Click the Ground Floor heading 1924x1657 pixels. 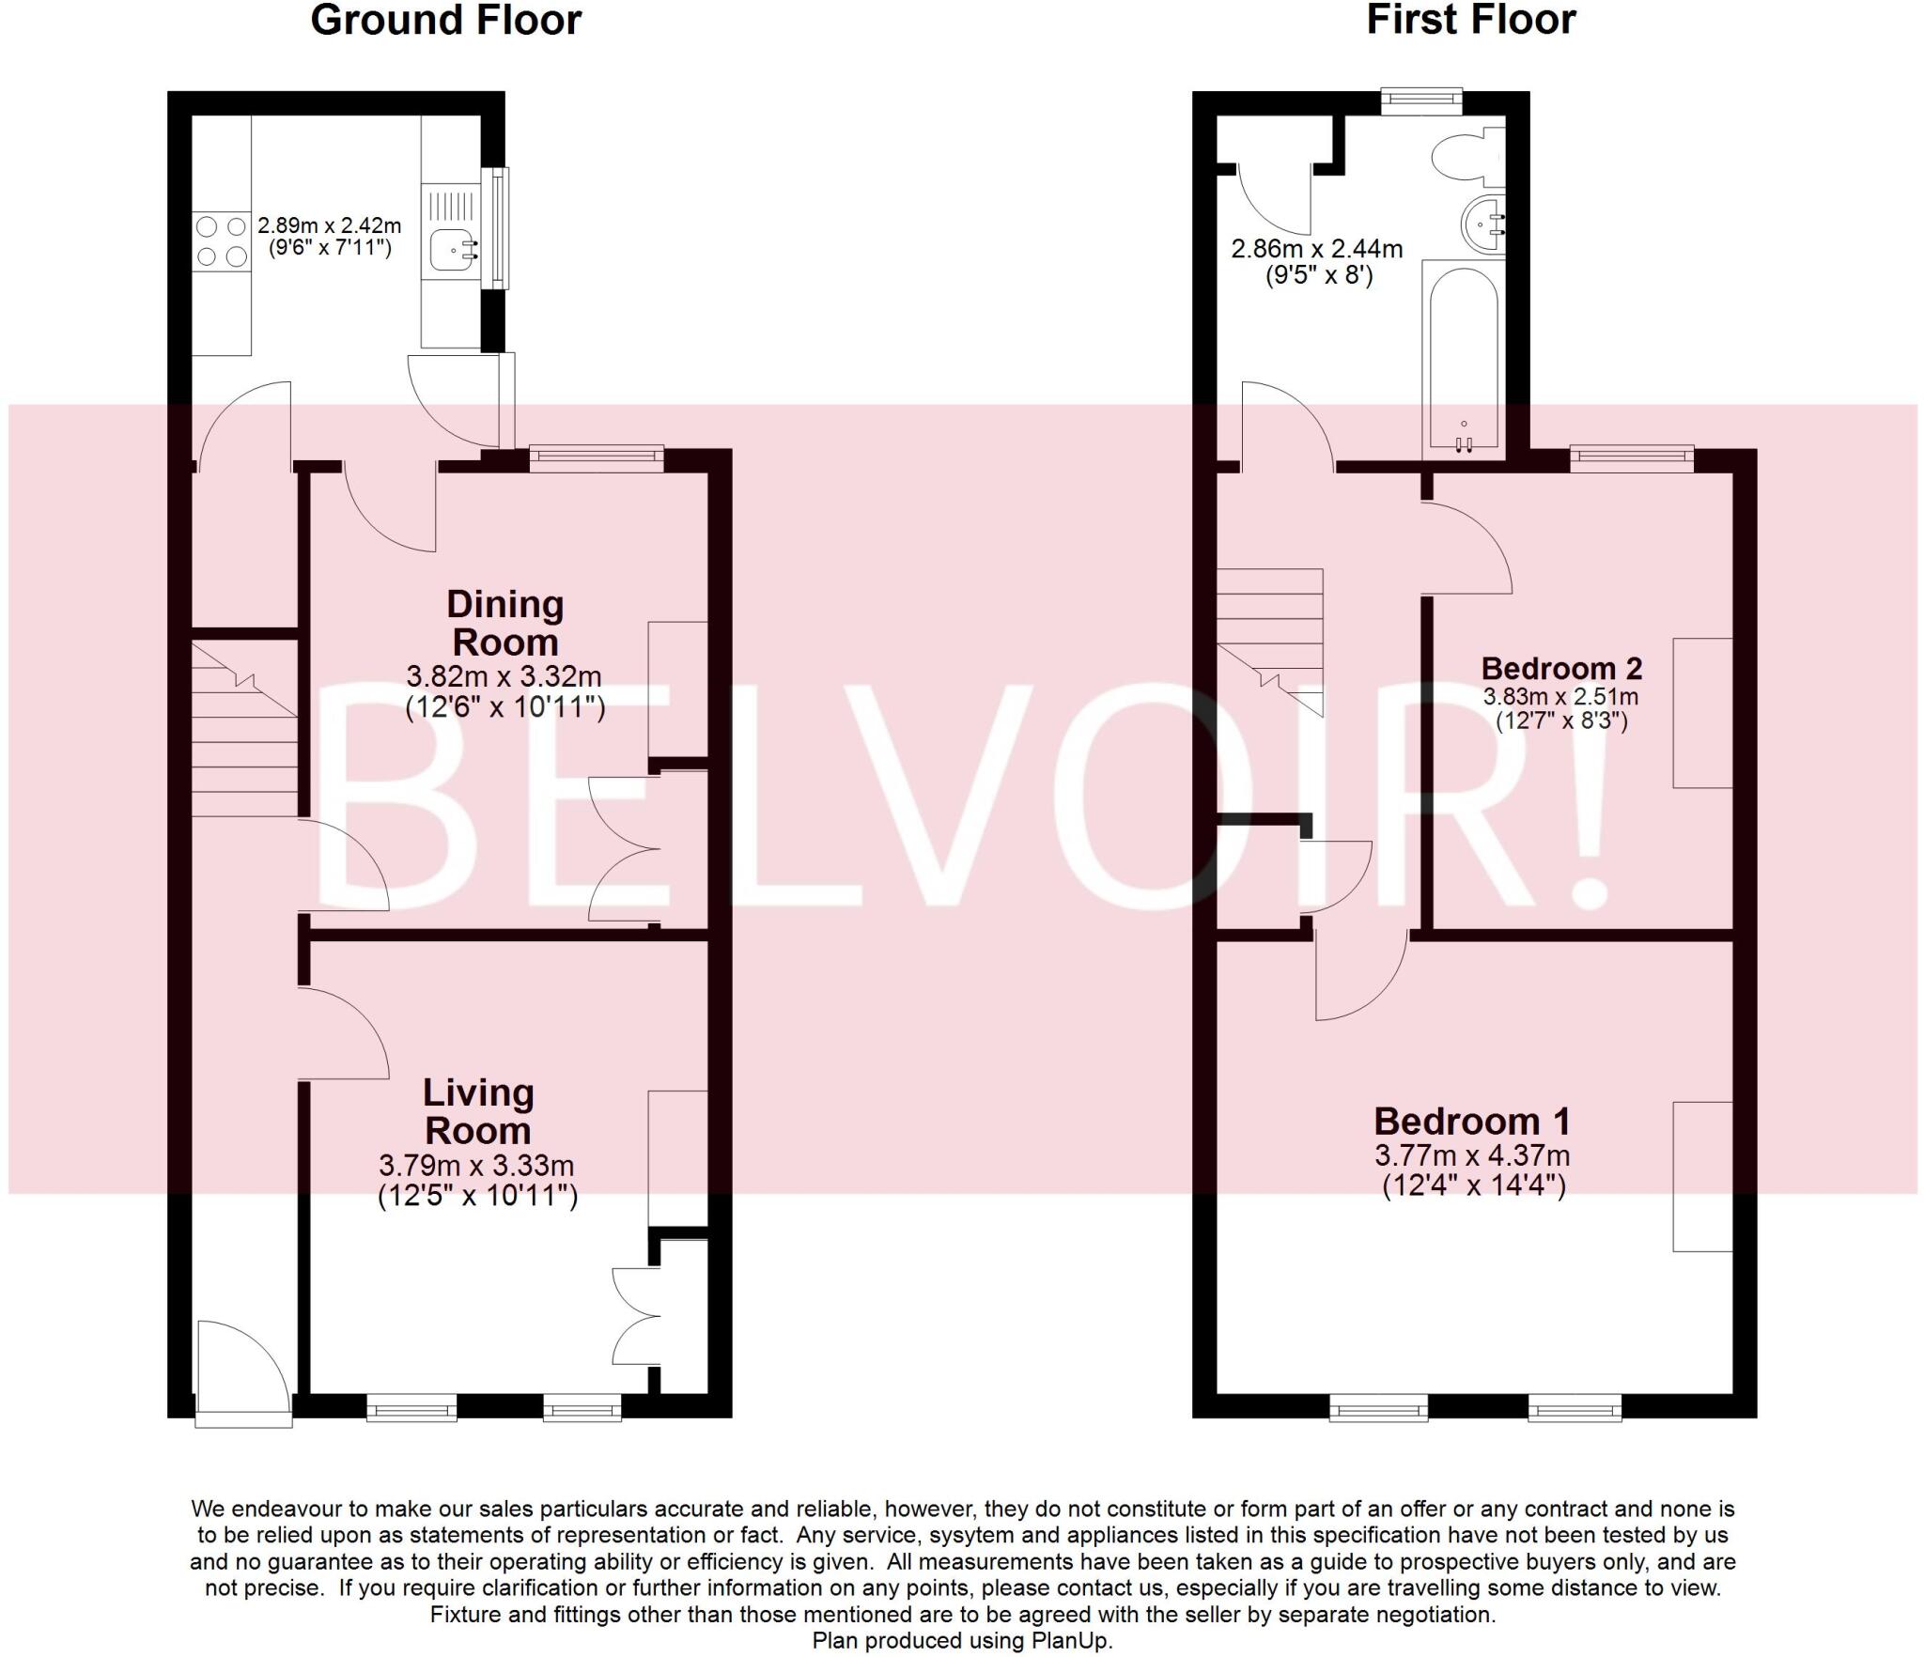pos(445,21)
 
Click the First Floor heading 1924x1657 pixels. pos(1470,21)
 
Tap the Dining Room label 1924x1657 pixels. pos(504,623)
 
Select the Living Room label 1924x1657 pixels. pos(477,1110)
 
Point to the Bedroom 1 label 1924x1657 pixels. pos(1471,1121)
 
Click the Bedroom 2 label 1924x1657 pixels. pos(1560,668)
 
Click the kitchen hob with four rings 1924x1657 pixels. pos(222,241)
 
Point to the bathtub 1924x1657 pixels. pos(1464,362)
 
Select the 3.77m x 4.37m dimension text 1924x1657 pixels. pos(1471,1155)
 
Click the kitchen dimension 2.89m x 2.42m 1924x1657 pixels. pos(329,226)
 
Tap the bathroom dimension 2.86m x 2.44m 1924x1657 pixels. pos(1316,249)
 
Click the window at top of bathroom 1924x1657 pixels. pos(1421,100)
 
